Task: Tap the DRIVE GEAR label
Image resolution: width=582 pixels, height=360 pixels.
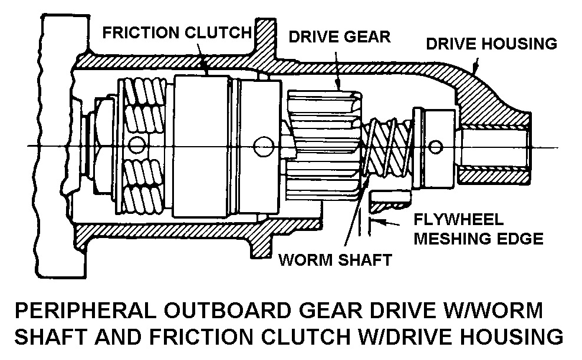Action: (339, 37)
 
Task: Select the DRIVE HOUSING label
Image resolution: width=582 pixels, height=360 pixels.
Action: (491, 44)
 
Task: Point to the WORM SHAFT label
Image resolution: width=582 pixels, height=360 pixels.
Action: (335, 260)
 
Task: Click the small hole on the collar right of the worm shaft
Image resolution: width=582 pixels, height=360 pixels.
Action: (436, 146)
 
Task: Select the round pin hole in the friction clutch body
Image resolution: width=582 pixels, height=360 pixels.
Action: (261, 145)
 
